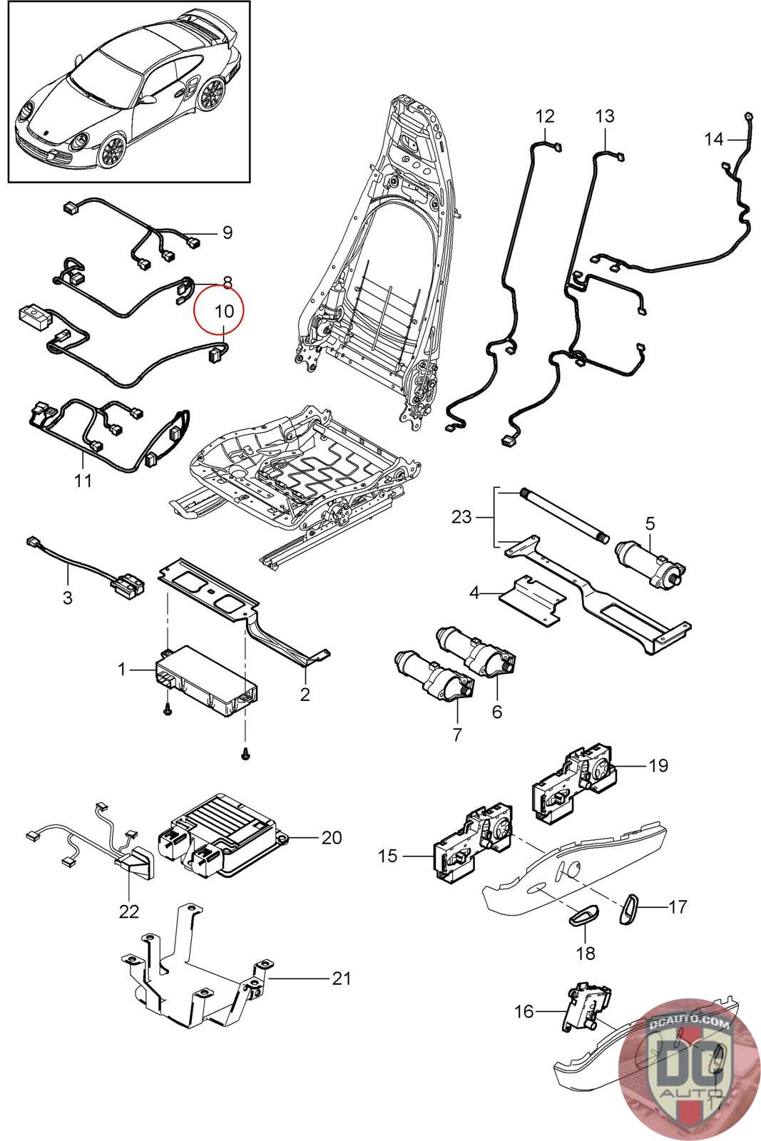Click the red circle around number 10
220,308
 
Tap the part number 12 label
545,116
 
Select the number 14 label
713,139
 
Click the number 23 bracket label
461,516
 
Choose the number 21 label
342,978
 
